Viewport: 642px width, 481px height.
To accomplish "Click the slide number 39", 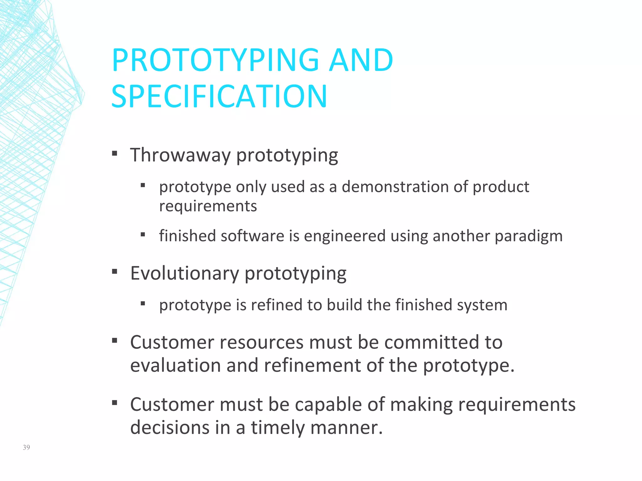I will pos(26,447).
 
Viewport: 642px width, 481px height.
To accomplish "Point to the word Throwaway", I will pos(180,155).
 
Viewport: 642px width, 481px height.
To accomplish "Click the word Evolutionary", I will pos(185,273).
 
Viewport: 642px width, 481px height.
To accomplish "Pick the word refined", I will pos(276,305).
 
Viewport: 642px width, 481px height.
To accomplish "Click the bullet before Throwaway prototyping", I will pos(114,153).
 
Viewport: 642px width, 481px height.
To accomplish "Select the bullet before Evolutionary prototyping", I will pos(114,272).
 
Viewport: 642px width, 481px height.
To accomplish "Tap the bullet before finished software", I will pos(143,235).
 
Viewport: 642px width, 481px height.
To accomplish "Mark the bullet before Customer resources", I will pos(114,340).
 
